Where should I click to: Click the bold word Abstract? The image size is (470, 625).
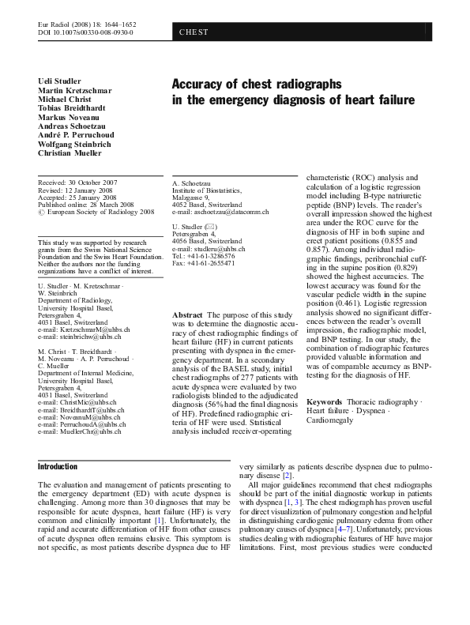[x=186, y=315]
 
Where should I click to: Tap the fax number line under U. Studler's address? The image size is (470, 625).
[x=202, y=263]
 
